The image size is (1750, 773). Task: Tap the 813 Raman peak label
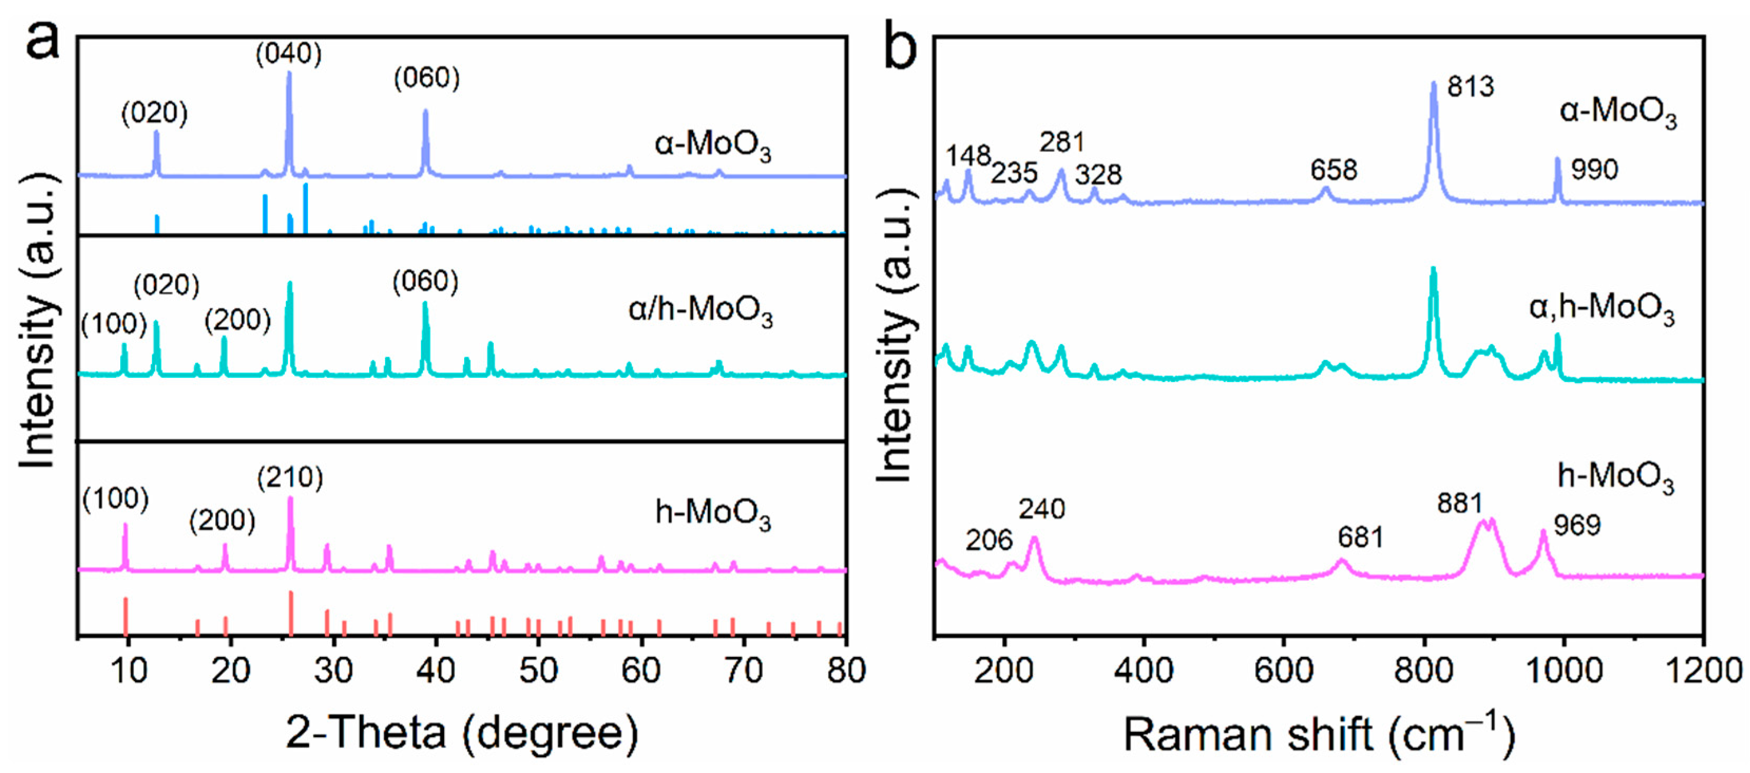1471,87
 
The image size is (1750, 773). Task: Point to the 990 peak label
1594,169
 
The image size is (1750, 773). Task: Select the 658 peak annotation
1333,170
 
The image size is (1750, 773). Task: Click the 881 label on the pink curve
1460,504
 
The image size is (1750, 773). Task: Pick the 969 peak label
1578,526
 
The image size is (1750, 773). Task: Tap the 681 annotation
1361,538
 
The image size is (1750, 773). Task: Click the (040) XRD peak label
289,54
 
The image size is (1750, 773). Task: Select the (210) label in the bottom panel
290,478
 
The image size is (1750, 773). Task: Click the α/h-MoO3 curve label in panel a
700,311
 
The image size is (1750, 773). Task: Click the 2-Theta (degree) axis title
462,733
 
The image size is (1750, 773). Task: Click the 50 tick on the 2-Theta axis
538,671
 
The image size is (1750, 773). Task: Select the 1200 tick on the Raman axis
1705,671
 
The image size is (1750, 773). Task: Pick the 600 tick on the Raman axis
1284,671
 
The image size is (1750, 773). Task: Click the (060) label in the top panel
427,78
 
